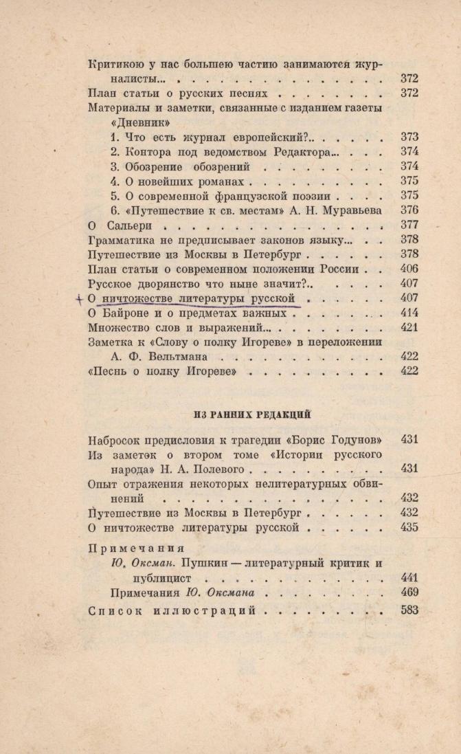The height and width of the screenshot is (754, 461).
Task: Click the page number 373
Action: click(x=409, y=137)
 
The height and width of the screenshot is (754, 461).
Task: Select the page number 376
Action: click(x=409, y=210)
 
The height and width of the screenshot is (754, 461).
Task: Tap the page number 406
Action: click(x=409, y=269)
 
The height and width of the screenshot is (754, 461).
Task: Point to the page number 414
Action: click(x=409, y=313)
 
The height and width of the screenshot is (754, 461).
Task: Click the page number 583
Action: click(x=409, y=610)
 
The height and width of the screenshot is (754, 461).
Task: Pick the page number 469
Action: click(x=409, y=592)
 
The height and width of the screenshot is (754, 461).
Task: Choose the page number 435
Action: click(x=409, y=527)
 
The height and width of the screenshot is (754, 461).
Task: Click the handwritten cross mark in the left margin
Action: click(x=80, y=298)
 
